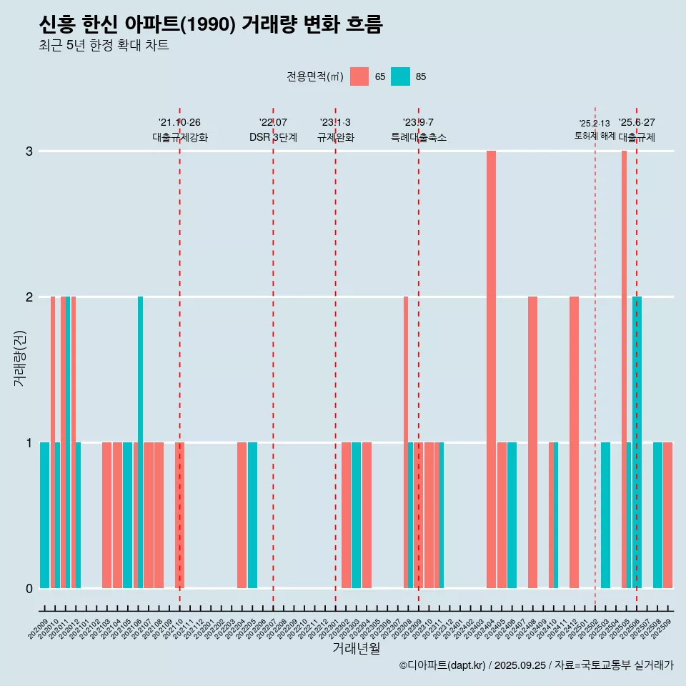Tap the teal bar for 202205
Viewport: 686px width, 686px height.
click(252, 515)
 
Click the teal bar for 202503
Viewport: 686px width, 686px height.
click(605, 515)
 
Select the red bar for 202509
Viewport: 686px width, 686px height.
click(667, 515)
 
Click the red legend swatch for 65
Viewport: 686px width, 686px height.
click(359, 76)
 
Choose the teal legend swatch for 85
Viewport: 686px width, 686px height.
click(401, 76)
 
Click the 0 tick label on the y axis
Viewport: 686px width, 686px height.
click(29, 588)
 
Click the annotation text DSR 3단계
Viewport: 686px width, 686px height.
click(273, 137)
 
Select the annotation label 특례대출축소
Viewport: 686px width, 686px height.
click(418, 137)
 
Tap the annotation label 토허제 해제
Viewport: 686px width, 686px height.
click(595, 135)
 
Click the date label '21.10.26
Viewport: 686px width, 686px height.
click(179, 122)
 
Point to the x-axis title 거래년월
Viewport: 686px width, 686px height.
click(356, 649)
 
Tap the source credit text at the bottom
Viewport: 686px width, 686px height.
click(536, 665)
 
